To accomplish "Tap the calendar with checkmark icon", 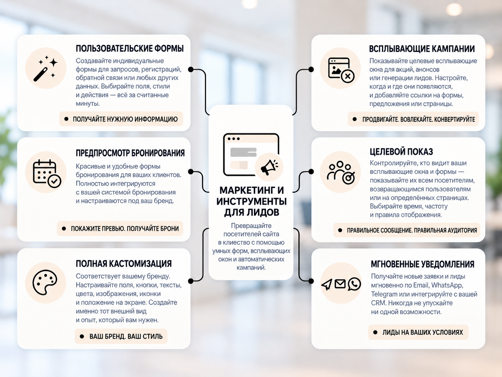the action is [x=47, y=174].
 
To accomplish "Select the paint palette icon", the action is [x=45, y=283].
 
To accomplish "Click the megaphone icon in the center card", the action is [x=269, y=167].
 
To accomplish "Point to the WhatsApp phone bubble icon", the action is [x=354, y=284].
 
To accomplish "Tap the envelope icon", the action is [x=340, y=284].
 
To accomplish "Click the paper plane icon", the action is [x=327, y=285].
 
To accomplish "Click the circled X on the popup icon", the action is [x=348, y=76].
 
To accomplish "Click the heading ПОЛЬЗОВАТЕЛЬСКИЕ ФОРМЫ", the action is [x=130, y=49].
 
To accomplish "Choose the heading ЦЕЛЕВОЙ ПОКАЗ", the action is [x=401, y=152].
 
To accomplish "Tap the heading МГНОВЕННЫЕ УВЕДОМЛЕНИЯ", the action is [x=423, y=264].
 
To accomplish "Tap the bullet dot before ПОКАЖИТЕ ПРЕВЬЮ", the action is [x=64, y=228].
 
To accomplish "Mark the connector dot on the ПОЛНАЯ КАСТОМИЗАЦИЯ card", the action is [x=191, y=281].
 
